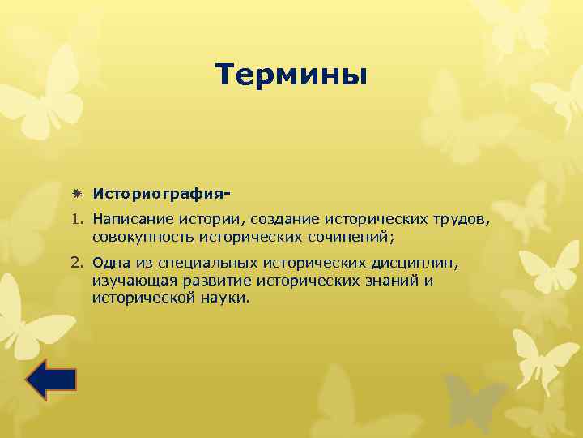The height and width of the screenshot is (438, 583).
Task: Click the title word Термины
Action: (x=291, y=75)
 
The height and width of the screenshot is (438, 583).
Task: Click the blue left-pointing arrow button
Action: (x=50, y=380)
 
